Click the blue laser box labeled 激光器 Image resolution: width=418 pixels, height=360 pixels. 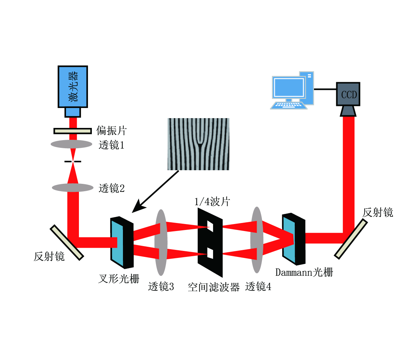tap(73, 86)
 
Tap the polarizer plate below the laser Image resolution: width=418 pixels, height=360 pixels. tap(73, 131)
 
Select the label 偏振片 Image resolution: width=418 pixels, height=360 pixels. tap(111, 131)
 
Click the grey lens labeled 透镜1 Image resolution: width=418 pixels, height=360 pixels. tap(72, 144)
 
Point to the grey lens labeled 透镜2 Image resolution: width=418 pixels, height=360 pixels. tap(73, 188)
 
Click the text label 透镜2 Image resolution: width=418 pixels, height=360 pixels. tap(111, 188)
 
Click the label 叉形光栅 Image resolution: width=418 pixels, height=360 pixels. tap(119, 279)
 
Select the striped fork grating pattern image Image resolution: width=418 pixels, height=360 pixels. tap(198, 144)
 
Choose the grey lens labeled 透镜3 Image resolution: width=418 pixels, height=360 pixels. tap(161, 242)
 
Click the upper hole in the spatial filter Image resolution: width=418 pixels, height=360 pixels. tap(210, 226)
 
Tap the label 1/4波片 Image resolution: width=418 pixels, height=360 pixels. tap(212, 202)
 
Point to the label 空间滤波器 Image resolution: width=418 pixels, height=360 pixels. tap(214, 287)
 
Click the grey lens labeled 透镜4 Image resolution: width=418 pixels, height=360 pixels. tap(257, 240)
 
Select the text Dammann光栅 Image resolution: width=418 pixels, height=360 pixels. tap(304, 272)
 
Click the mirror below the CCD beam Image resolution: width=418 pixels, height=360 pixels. tap(351, 239)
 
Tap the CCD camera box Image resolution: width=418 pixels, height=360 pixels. tap(348, 94)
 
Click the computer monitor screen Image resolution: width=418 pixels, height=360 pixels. tap(289, 87)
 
